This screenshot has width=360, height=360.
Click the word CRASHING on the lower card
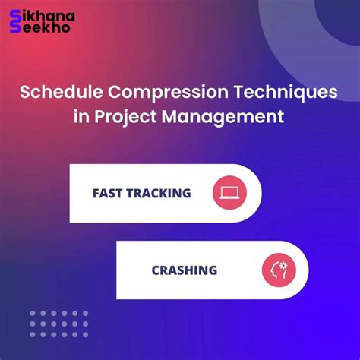click(184, 270)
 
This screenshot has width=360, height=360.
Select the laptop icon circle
click(230, 193)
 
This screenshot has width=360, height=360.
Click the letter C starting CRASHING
click(156, 270)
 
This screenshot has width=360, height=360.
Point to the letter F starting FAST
click(96, 193)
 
